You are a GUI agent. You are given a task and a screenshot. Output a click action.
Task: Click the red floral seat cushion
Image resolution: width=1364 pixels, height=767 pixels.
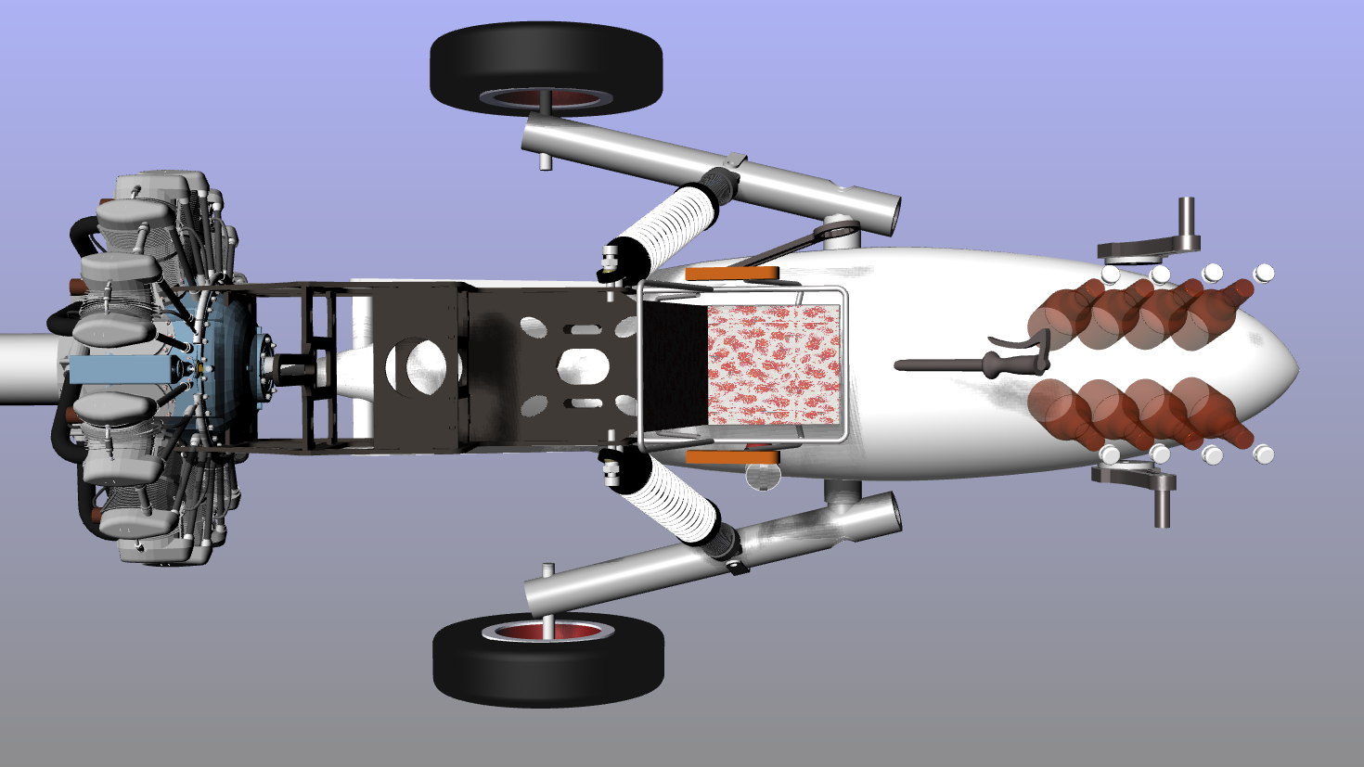tap(773, 364)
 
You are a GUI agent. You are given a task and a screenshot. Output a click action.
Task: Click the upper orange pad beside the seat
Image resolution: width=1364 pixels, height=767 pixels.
tap(732, 274)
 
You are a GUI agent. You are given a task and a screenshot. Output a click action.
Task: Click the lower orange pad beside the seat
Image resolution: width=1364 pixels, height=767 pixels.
tap(732, 456)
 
